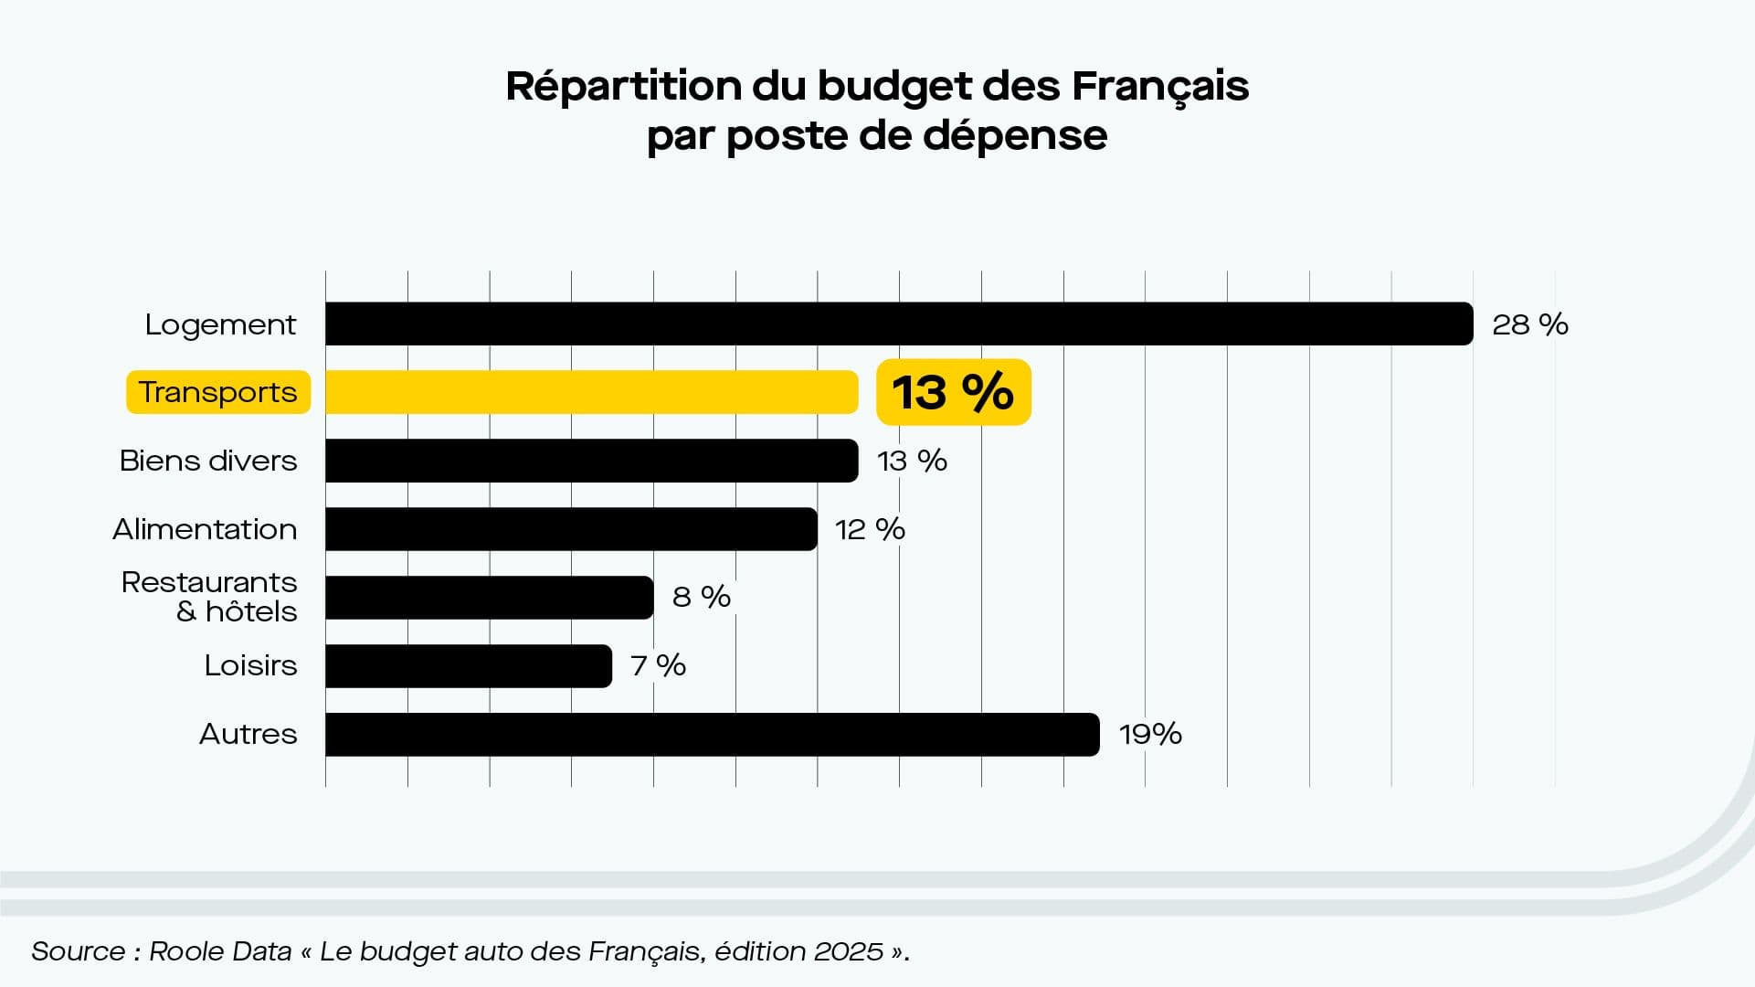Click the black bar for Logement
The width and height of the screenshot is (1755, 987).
coord(899,324)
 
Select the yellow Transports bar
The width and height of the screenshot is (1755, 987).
coord(591,392)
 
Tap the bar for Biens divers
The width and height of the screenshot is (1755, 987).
coord(591,461)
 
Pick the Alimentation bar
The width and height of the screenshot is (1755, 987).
coord(571,529)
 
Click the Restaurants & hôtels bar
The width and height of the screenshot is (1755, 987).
coord(489,598)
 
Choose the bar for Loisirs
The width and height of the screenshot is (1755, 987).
coord(468,666)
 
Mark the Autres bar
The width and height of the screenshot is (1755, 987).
coord(712,735)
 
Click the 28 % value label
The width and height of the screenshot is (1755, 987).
coord(1529,324)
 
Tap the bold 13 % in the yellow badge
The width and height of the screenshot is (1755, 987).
coord(953,392)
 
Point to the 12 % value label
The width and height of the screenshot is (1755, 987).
coord(870,529)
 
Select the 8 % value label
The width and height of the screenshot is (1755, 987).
coord(702,597)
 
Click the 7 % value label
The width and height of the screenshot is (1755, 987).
coord(658,665)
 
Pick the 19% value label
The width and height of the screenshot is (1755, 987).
coord(1150,734)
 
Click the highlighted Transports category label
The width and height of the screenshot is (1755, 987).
coord(217,392)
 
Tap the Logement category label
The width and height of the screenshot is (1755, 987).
coord(220,325)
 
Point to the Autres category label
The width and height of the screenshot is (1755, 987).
coord(248,734)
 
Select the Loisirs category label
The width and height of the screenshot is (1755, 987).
coord(250,665)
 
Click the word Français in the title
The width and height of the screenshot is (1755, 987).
coord(1159,87)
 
